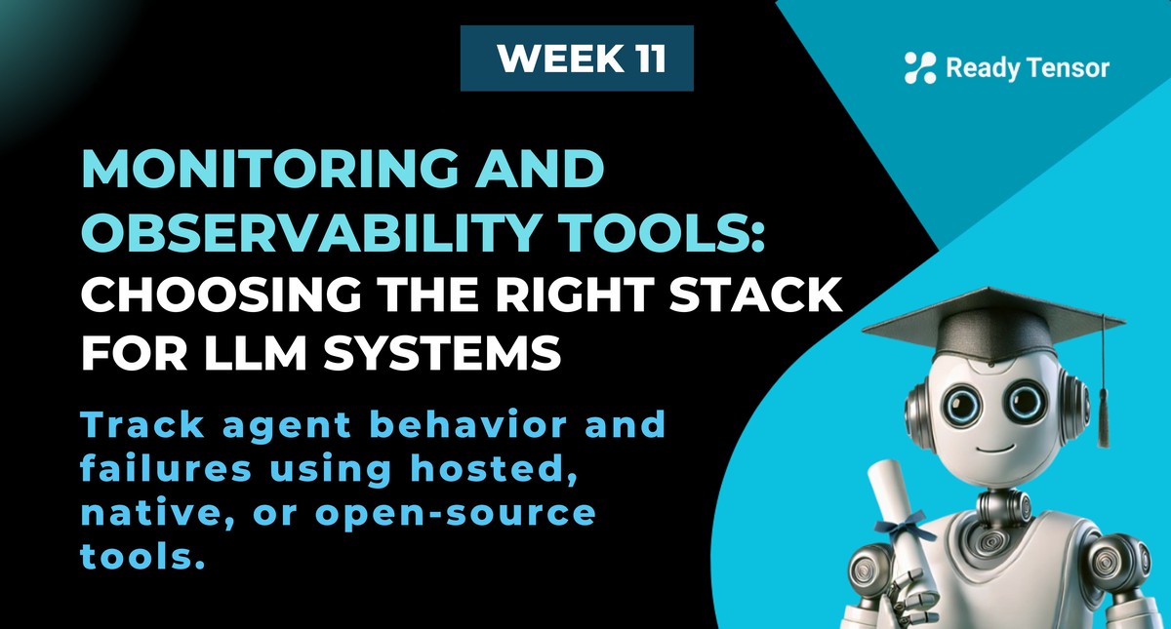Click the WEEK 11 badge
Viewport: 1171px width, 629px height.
coord(577,59)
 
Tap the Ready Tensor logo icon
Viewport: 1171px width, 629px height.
coord(919,67)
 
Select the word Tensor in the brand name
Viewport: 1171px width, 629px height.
coord(1070,68)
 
